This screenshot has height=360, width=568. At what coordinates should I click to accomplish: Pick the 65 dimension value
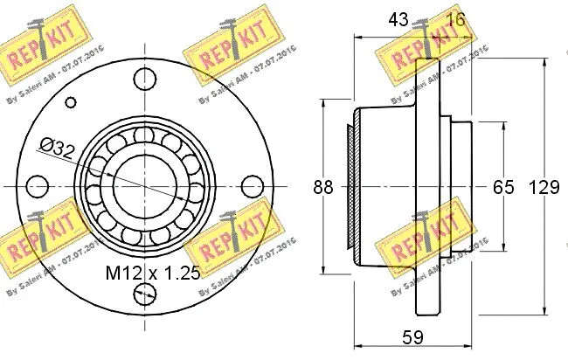tap(504, 187)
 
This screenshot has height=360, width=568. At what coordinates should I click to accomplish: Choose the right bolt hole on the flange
tap(252, 186)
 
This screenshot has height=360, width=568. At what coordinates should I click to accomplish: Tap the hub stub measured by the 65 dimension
tap(460, 186)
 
